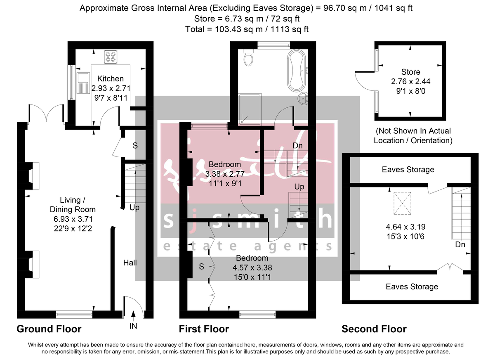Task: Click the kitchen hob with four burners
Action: point(110,56)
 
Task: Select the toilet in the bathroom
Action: point(248,58)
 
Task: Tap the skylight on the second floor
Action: point(403,202)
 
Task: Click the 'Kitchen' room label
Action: point(110,78)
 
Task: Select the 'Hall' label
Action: point(130,263)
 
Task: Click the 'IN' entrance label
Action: point(133,326)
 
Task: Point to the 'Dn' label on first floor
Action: point(297,146)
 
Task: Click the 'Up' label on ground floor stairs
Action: point(134,208)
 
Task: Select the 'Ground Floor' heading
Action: point(49,329)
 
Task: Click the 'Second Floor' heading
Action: point(374,329)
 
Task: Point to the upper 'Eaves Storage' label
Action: point(408,169)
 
